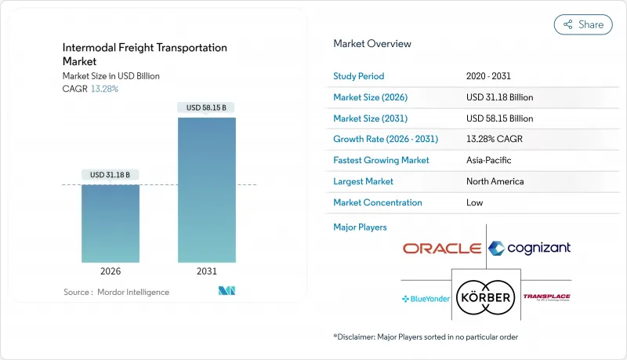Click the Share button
(x=583, y=24)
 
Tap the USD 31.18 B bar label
(x=111, y=174)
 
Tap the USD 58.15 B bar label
(x=206, y=107)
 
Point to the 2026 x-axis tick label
(x=111, y=271)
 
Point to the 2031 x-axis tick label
(x=206, y=271)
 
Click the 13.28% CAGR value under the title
(x=103, y=89)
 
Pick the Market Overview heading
(x=372, y=44)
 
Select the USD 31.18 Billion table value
(x=500, y=97)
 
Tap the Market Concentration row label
(x=378, y=202)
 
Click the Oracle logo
(x=441, y=249)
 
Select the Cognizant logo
(x=529, y=249)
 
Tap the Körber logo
(x=486, y=297)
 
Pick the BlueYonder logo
(x=426, y=299)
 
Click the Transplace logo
(x=546, y=297)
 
